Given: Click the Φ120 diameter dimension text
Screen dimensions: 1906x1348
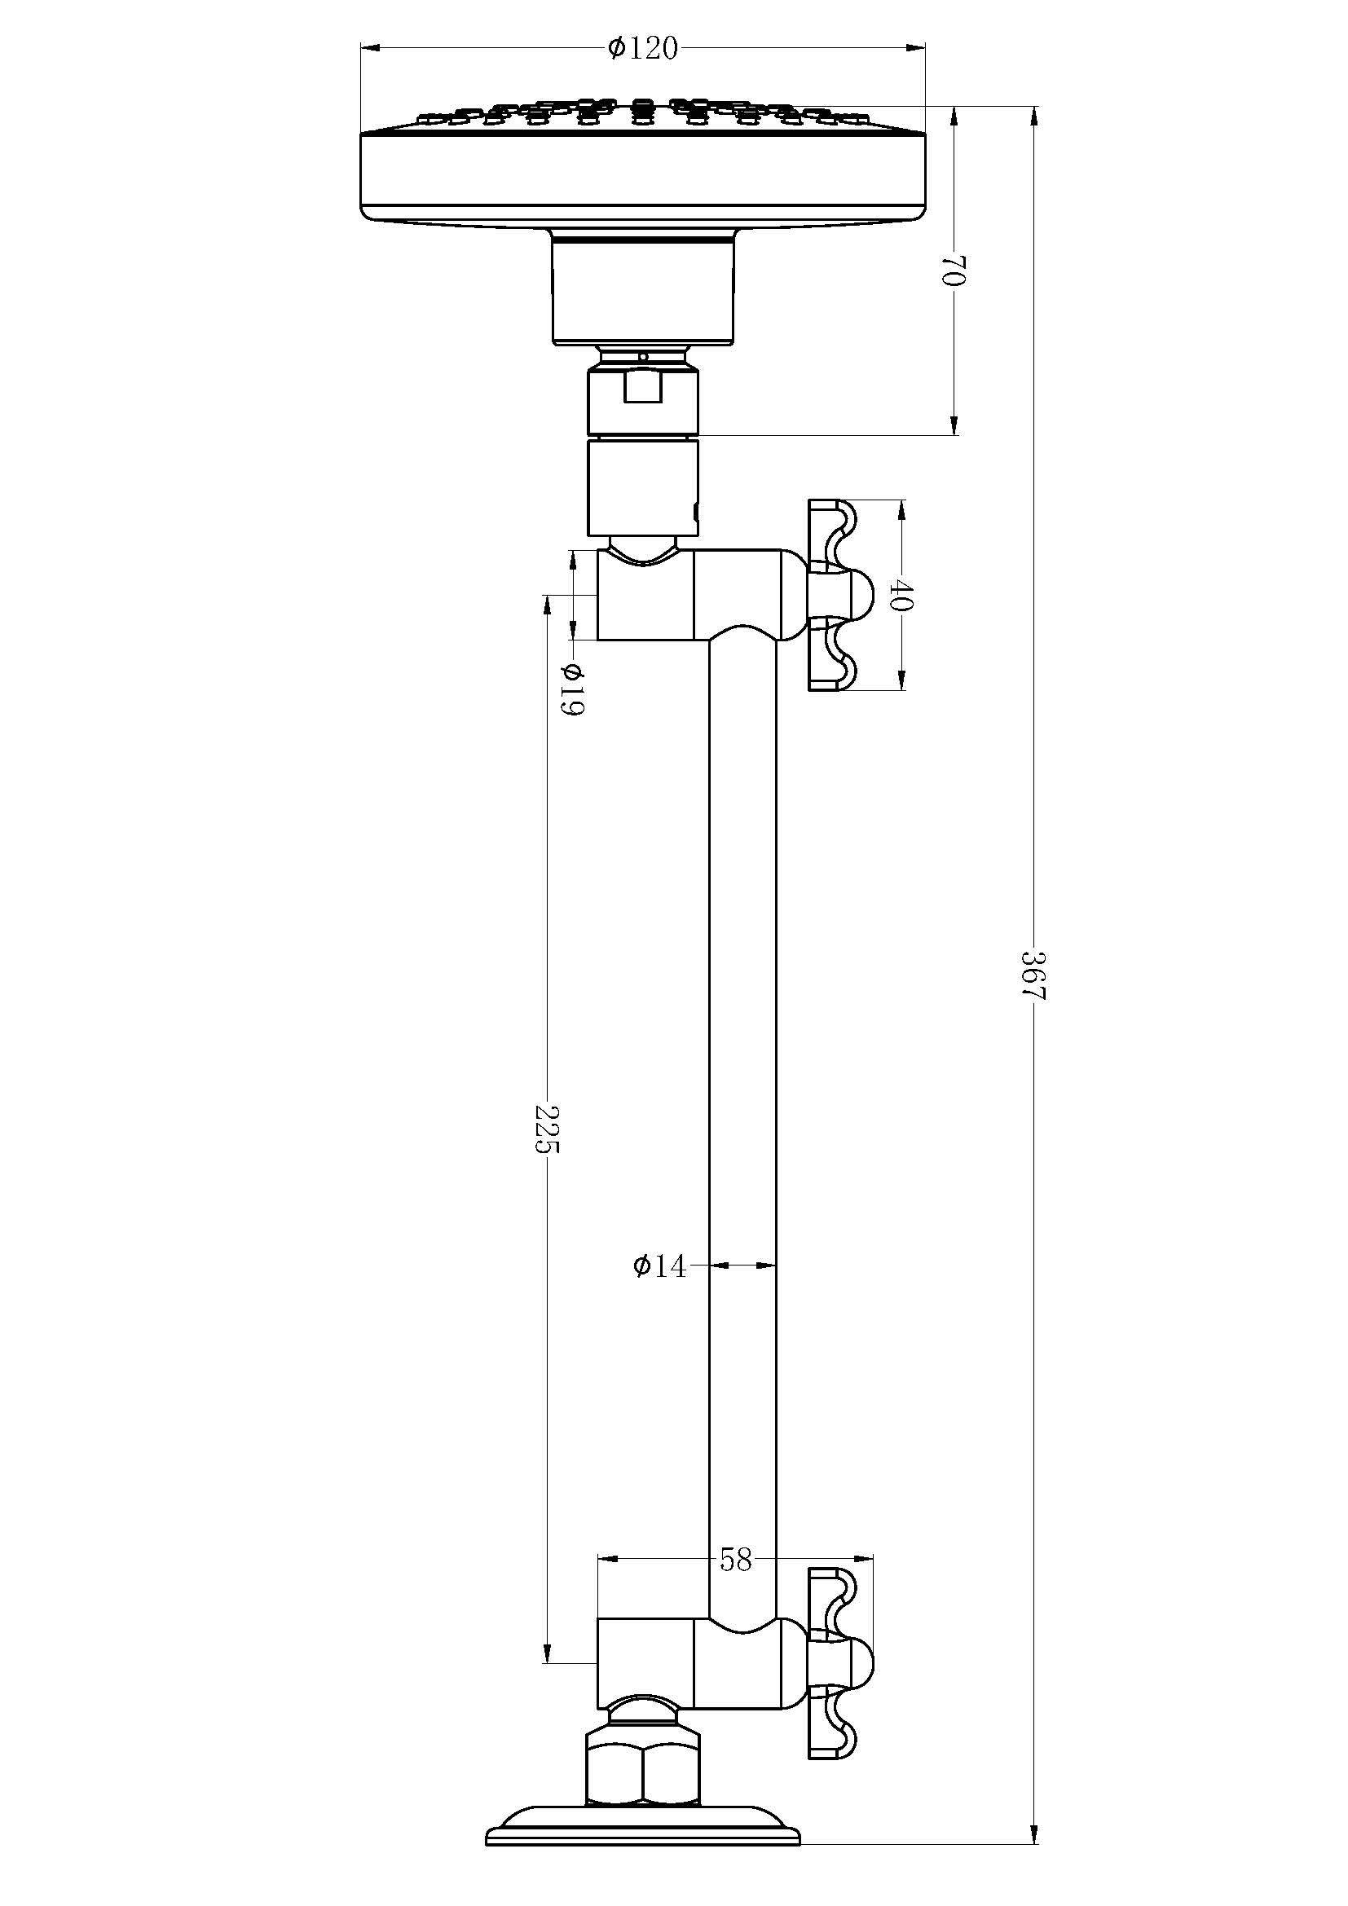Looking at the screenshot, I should [642, 50].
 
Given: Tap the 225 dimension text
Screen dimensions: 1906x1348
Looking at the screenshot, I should [547, 1129].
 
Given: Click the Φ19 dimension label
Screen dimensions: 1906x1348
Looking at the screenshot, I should [572, 689].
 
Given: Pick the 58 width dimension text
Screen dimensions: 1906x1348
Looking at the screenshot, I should [735, 1560].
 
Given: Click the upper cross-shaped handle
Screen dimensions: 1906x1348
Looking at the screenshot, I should [839, 595].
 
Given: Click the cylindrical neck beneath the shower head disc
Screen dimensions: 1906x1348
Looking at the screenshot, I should [643, 291].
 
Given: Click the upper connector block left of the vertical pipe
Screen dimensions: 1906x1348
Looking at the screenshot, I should [645, 595].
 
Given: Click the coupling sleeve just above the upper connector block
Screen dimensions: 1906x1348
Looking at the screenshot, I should [643, 488].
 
